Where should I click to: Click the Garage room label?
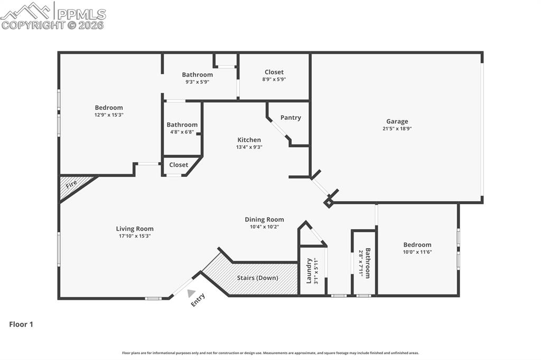click(x=397, y=121)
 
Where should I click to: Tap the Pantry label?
click(x=291, y=118)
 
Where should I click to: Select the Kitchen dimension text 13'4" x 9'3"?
click(x=249, y=147)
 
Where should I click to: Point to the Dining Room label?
click(x=264, y=219)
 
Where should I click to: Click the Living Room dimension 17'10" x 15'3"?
click(x=135, y=236)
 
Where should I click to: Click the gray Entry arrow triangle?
click(x=191, y=293)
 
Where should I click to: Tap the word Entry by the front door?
click(x=198, y=300)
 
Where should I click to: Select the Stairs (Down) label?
click(x=257, y=278)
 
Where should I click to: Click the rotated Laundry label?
click(x=309, y=271)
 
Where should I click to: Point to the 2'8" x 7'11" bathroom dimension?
click(x=361, y=263)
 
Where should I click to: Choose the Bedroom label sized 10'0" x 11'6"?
click(x=417, y=245)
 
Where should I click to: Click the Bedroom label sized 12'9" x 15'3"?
click(x=109, y=108)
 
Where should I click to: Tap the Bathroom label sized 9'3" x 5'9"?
click(x=198, y=74)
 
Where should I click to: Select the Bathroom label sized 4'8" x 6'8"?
click(x=182, y=125)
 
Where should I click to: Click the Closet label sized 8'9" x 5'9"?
click(x=274, y=72)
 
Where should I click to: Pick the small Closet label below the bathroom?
click(x=179, y=165)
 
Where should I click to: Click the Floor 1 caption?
click(x=21, y=324)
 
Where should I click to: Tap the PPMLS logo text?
click(x=81, y=14)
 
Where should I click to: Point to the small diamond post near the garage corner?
click(x=329, y=203)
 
